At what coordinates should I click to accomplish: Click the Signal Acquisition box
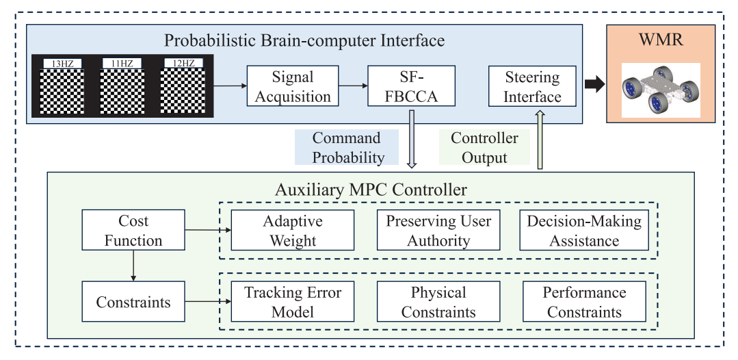coord(292,86)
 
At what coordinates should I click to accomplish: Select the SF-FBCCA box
coord(411,86)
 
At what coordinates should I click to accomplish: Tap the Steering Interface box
coord(532,86)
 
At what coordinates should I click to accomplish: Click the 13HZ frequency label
coord(62,64)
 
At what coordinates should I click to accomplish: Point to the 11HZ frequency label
coord(122,64)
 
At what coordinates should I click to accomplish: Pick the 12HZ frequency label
coord(183,64)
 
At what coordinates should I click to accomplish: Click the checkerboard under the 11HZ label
coord(122,92)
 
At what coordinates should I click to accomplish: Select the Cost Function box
coord(133,230)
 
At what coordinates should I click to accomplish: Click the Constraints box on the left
coord(133,302)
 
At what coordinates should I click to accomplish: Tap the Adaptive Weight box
coord(292,230)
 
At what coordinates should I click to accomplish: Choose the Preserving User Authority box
coord(438,230)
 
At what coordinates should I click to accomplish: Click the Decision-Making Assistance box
coord(584,230)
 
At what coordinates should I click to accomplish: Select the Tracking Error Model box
coord(292,302)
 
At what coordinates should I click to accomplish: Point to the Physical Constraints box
coord(438,302)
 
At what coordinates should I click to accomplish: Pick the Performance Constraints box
coord(584,302)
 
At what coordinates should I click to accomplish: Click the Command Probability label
coord(346,147)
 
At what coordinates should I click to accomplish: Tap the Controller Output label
coord(484,147)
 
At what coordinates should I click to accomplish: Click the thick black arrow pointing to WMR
coord(594,85)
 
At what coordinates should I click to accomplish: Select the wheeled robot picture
coord(661,90)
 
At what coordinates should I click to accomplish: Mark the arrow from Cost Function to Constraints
coord(133,266)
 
